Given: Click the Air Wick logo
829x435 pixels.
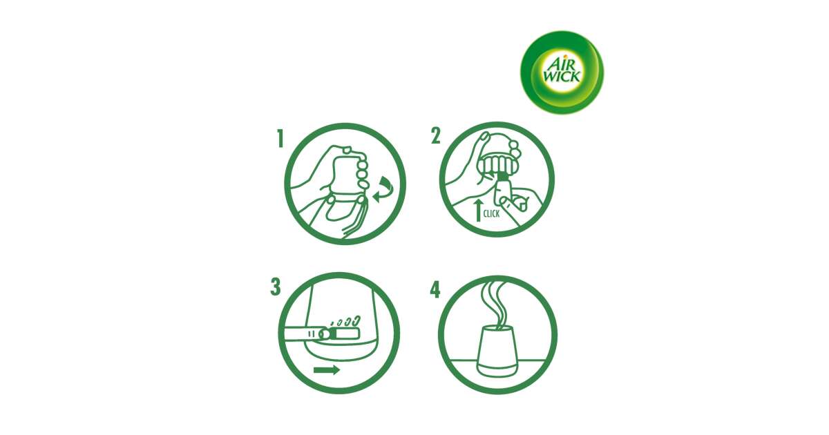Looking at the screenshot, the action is point(562,72).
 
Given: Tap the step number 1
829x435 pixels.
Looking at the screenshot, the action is point(280,139).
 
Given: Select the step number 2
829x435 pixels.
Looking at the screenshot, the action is point(436,136).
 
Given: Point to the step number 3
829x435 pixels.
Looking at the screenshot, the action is point(276,287).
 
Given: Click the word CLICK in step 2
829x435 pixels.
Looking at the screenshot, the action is point(491,213).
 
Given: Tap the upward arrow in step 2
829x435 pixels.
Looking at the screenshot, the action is point(478,210).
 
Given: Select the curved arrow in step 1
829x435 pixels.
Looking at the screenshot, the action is point(383,189).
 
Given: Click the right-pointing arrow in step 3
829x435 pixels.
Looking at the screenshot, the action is point(326,369).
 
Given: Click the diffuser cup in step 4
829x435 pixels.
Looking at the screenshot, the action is point(496,351).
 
